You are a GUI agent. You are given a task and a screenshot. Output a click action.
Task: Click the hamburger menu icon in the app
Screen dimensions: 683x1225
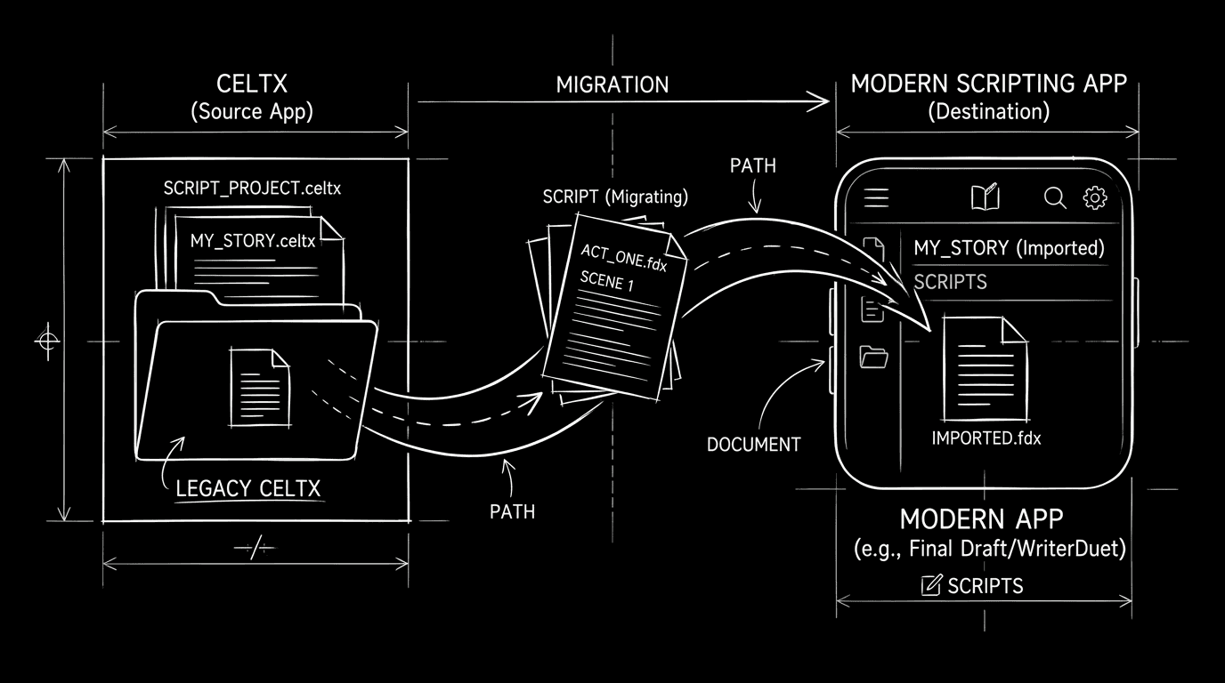[x=877, y=197]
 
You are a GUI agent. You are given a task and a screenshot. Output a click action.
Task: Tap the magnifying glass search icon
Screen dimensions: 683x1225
[x=1055, y=197]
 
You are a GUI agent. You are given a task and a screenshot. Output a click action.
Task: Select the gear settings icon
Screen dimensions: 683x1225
[x=1094, y=197]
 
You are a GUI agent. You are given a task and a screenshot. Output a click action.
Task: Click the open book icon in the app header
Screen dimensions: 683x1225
[x=986, y=197]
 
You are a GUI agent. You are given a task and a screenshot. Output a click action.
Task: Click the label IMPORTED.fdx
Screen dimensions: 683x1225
[x=986, y=438]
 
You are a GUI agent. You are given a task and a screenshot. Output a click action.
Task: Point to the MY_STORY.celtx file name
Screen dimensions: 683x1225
[x=252, y=241]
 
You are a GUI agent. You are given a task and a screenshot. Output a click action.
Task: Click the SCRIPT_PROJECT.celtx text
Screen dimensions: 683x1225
[x=252, y=189]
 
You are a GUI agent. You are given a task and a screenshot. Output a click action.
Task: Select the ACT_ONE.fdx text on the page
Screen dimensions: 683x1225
[x=623, y=258]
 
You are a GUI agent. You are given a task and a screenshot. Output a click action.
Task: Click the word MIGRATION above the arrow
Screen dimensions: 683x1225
[x=612, y=85]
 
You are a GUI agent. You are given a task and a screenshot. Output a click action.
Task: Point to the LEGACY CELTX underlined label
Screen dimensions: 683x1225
[x=248, y=488]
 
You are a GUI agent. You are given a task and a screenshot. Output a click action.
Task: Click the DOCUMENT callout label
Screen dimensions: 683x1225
[x=753, y=445]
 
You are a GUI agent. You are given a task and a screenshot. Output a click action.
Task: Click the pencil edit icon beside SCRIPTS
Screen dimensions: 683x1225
[x=931, y=585]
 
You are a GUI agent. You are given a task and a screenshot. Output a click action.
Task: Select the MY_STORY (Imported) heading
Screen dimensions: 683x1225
[x=1009, y=248]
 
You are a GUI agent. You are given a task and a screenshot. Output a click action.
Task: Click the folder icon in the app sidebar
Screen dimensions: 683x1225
[x=874, y=357]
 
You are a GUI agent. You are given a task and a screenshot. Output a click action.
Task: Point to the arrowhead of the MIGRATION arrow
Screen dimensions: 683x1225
[x=823, y=102]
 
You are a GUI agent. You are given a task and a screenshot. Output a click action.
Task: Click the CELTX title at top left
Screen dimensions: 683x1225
[x=252, y=84]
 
